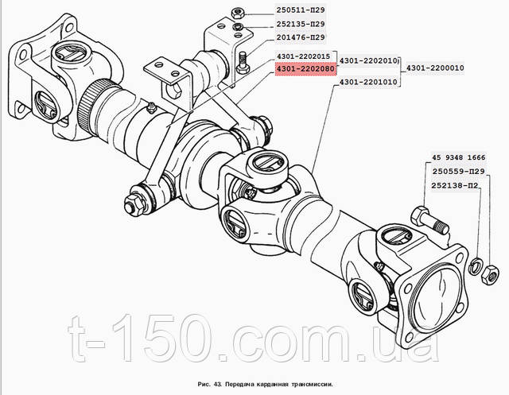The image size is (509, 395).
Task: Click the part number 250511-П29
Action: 301,10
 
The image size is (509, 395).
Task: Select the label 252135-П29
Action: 301,24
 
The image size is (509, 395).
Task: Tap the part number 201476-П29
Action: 301,37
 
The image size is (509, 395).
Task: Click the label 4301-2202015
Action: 303,56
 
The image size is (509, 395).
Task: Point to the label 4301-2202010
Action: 368,60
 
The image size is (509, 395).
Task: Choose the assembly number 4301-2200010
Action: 435,68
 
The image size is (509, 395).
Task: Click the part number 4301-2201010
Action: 368,82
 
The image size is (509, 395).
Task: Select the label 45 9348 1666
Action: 458,157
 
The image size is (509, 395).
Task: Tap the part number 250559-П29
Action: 458,171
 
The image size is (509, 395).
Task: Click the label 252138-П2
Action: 454,185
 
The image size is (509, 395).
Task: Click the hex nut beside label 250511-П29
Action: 238,14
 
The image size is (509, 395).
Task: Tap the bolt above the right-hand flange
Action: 430,220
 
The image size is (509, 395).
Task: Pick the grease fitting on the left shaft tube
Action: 151,108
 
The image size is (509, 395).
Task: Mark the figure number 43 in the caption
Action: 217,385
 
